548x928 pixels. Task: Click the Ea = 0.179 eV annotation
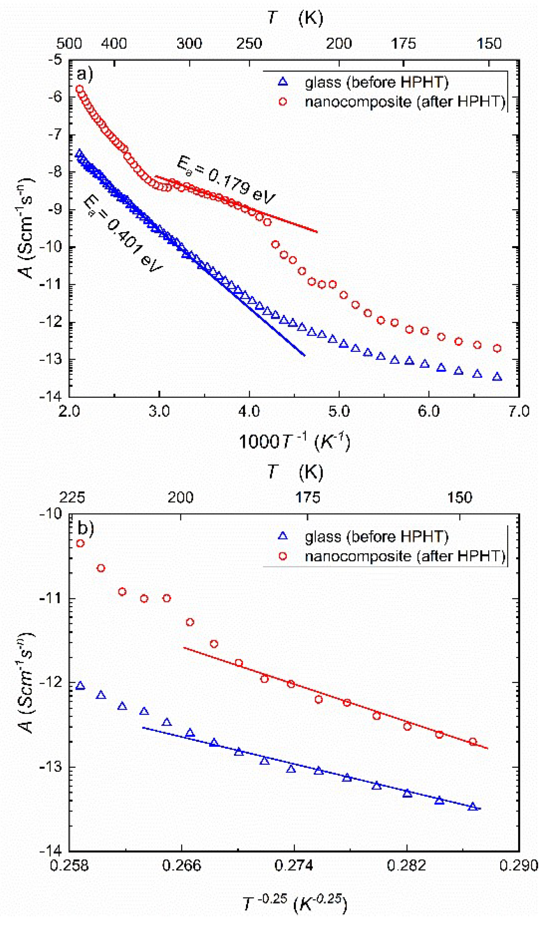pyautogui.click(x=226, y=181)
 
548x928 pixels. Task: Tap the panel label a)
pyautogui.click(x=85, y=74)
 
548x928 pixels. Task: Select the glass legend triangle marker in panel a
pyautogui.click(x=283, y=82)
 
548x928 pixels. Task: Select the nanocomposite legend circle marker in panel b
pyautogui.click(x=283, y=556)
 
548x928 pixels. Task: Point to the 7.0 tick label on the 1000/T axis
pyautogui.click(x=519, y=411)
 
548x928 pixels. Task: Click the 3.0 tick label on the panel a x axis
pyautogui.click(x=159, y=411)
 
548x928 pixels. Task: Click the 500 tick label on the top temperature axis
pyautogui.click(x=69, y=44)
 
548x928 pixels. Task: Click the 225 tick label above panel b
pyautogui.click(x=72, y=498)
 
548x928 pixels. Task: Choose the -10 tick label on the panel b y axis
pyautogui.click(x=51, y=514)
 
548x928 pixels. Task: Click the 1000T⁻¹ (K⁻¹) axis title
pyautogui.click(x=294, y=442)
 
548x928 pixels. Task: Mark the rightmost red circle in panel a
pyautogui.click(x=497, y=348)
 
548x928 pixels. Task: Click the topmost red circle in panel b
pyautogui.click(x=80, y=544)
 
